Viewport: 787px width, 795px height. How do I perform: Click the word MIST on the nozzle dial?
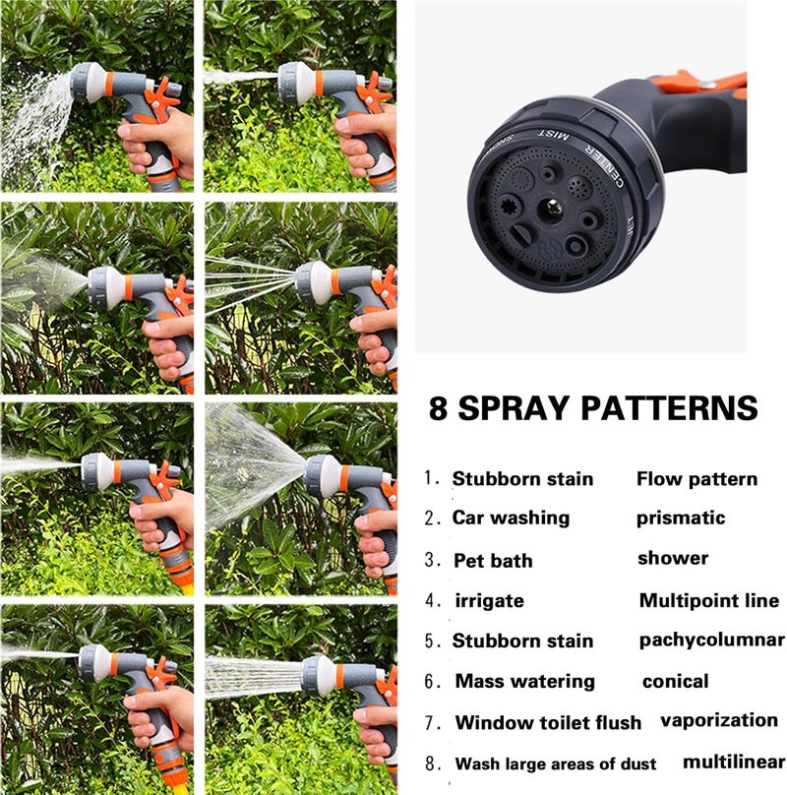[553, 136]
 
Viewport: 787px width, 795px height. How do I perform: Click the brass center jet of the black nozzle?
[554, 208]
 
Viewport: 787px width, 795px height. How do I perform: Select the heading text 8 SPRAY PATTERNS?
[593, 408]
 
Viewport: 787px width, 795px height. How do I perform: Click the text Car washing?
[511, 518]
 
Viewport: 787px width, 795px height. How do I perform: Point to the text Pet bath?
[493, 560]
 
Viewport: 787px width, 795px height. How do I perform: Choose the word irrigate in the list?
[489, 601]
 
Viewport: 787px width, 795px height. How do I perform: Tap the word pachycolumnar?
[712, 641]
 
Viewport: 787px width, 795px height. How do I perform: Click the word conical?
[675, 681]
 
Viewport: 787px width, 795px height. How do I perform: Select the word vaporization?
[719, 720]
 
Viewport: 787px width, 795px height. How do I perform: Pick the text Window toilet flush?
[548, 722]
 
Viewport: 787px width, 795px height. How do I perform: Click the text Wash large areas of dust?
[555, 764]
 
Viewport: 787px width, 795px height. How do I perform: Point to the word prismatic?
[681, 518]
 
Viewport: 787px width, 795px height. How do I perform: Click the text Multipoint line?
[709, 601]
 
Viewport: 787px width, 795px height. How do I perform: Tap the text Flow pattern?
[696, 479]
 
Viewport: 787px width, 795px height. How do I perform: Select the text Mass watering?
[525, 682]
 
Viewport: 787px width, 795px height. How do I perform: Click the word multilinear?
[734, 762]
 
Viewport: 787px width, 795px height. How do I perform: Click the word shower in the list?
[673, 558]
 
